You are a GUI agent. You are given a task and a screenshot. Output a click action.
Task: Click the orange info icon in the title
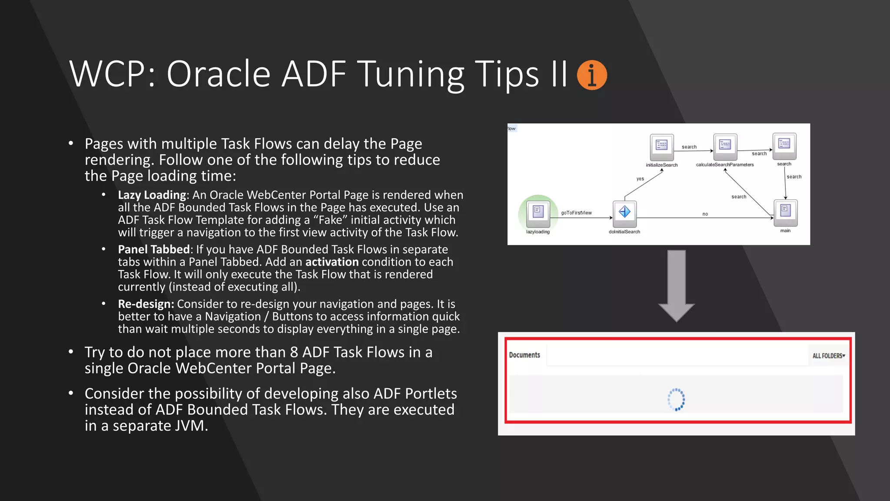pyautogui.click(x=591, y=75)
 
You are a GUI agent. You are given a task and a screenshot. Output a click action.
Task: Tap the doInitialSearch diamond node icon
pyautogui.click(x=624, y=213)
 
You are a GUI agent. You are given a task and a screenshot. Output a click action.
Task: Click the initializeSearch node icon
pyautogui.click(x=661, y=146)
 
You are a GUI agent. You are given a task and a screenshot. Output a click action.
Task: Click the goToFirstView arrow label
pyautogui.click(x=576, y=213)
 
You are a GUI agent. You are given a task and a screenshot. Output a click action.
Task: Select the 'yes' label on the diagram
pyautogui.click(x=640, y=179)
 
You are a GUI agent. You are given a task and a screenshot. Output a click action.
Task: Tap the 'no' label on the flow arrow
pyautogui.click(x=705, y=214)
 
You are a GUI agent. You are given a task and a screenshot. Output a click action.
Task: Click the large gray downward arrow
pyautogui.click(x=677, y=285)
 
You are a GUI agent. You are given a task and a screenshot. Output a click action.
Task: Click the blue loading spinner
pyautogui.click(x=676, y=399)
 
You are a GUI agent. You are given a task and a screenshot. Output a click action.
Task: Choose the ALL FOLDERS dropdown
pyautogui.click(x=828, y=356)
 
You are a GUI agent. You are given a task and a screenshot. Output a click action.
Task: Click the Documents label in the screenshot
pyautogui.click(x=525, y=355)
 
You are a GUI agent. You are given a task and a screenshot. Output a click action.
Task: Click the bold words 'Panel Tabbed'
pyautogui.click(x=154, y=249)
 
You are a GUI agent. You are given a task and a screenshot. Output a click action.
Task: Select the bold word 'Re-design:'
pyautogui.click(x=146, y=304)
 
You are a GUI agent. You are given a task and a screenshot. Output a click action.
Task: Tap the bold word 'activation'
pyautogui.click(x=332, y=262)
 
